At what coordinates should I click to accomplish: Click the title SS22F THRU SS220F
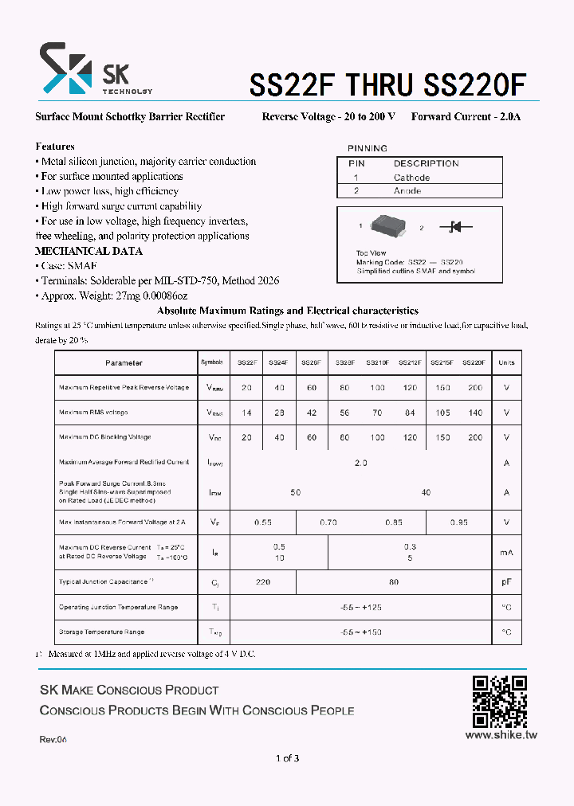click(388, 84)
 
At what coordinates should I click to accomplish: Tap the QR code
click(500, 702)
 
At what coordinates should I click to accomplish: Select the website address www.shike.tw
click(501, 735)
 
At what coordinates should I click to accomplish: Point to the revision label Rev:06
click(53, 740)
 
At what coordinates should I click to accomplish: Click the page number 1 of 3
click(287, 758)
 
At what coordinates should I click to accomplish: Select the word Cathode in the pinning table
click(411, 178)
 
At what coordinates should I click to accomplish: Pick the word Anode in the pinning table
click(407, 191)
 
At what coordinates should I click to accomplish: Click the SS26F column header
click(311, 362)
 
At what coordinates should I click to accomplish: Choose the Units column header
click(506, 362)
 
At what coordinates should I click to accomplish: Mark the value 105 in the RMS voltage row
click(442, 413)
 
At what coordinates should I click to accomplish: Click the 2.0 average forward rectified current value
click(360, 463)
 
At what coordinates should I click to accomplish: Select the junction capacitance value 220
click(263, 582)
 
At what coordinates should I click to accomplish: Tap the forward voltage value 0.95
click(458, 522)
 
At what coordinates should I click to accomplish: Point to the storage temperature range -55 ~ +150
click(360, 632)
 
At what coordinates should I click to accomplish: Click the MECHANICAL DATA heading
click(88, 251)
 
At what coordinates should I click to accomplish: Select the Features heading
click(55, 147)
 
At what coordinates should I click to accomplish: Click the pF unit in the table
click(506, 582)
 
